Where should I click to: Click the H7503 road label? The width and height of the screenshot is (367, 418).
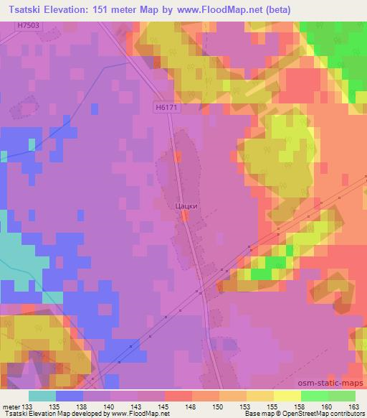point(28,25)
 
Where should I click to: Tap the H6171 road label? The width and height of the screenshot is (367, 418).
point(165,106)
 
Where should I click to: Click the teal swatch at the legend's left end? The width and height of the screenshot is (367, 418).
point(42,395)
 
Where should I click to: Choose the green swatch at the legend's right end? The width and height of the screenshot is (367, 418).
point(342,395)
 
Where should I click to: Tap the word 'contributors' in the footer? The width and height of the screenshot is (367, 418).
point(347,413)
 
